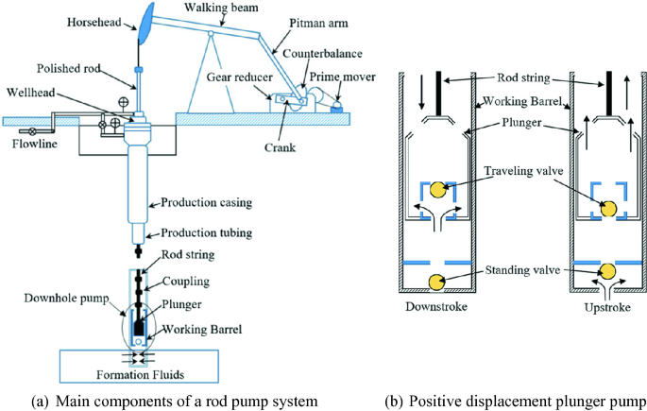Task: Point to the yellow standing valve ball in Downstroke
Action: point(439,282)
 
